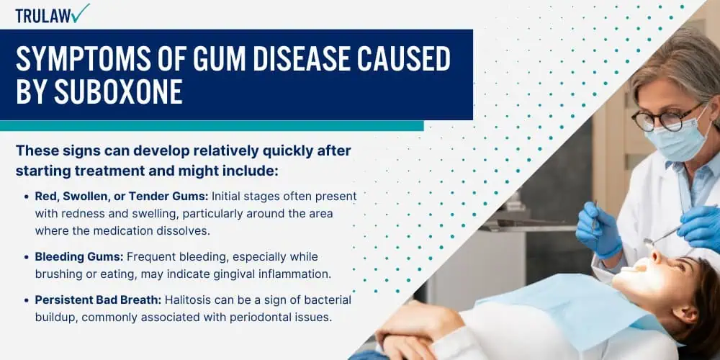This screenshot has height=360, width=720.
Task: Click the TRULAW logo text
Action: (45, 16)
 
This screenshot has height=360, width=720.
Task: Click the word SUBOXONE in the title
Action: (118, 93)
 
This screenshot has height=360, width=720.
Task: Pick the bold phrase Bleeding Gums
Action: (79, 257)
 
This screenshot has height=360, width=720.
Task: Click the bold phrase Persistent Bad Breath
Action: (98, 300)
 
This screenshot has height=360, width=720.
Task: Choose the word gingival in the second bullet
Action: (233, 274)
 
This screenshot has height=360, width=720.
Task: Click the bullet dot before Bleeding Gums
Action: (26, 257)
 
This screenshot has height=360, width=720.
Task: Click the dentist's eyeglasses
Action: (668, 118)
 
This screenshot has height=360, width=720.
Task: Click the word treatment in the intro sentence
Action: (109, 171)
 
